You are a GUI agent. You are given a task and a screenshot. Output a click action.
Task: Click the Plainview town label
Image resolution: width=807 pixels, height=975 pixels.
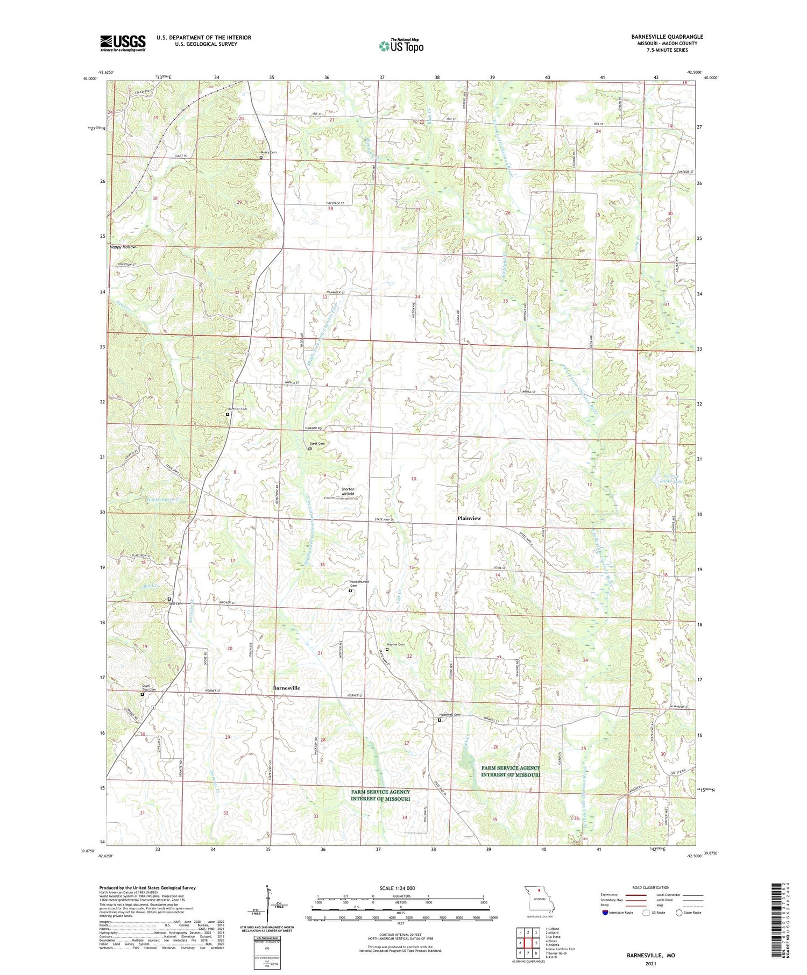[x=469, y=518]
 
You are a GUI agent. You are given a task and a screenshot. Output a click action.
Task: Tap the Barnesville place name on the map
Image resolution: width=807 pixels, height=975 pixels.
[x=286, y=688]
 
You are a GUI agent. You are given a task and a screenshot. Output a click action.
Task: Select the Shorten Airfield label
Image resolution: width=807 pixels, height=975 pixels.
[x=348, y=492]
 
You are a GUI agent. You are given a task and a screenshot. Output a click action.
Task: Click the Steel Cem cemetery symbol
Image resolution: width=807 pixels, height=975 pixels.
[x=309, y=449]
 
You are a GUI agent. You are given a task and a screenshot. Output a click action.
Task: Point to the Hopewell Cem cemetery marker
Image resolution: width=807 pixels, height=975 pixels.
[x=439, y=720]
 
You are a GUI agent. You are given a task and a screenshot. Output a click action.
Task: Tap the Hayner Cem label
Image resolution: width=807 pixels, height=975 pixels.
[x=396, y=644]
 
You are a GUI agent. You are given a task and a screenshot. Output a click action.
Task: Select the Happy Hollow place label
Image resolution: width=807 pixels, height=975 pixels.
[x=123, y=247]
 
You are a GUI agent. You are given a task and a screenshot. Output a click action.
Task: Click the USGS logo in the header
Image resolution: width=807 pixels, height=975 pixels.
[x=123, y=43]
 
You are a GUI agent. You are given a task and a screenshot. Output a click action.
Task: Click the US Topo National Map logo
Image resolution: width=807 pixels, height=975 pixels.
[x=401, y=46]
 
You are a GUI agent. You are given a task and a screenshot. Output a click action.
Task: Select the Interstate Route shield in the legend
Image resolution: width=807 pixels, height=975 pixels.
[x=606, y=913]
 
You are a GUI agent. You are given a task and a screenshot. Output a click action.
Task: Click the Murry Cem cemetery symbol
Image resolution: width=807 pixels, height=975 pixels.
[x=261, y=158]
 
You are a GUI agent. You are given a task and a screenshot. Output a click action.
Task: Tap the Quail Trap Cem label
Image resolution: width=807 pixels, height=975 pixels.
[x=148, y=687]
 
